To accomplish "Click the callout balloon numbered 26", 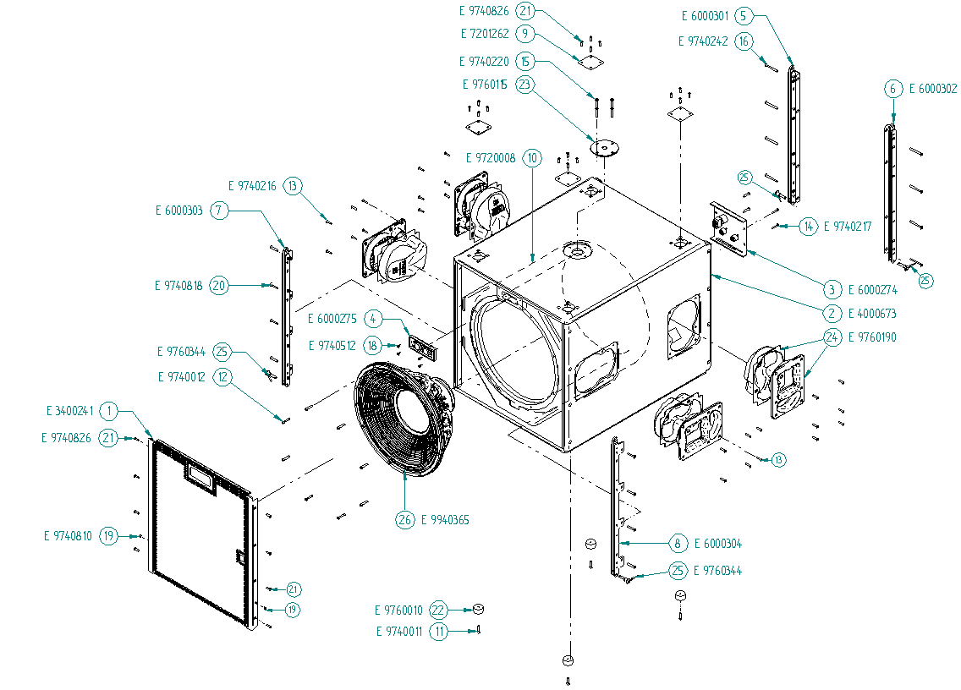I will tap(405, 520).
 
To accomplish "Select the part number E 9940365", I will tap(446, 520).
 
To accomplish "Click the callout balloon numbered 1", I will tap(108, 411).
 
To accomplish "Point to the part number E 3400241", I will tap(69, 411).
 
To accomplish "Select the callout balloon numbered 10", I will tap(531, 158).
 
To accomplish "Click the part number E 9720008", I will tap(491, 158).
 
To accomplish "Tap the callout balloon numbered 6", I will tap(892, 89).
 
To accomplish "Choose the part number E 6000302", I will tap(933, 89).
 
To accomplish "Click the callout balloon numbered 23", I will tap(525, 85).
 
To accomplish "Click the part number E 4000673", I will tap(872, 313).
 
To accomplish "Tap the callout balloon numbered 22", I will tap(438, 611).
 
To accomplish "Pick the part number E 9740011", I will tap(399, 631).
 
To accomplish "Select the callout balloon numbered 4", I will tap(372, 319).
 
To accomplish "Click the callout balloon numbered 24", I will tap(832, 337).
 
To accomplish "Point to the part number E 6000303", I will tap(178, 211).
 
